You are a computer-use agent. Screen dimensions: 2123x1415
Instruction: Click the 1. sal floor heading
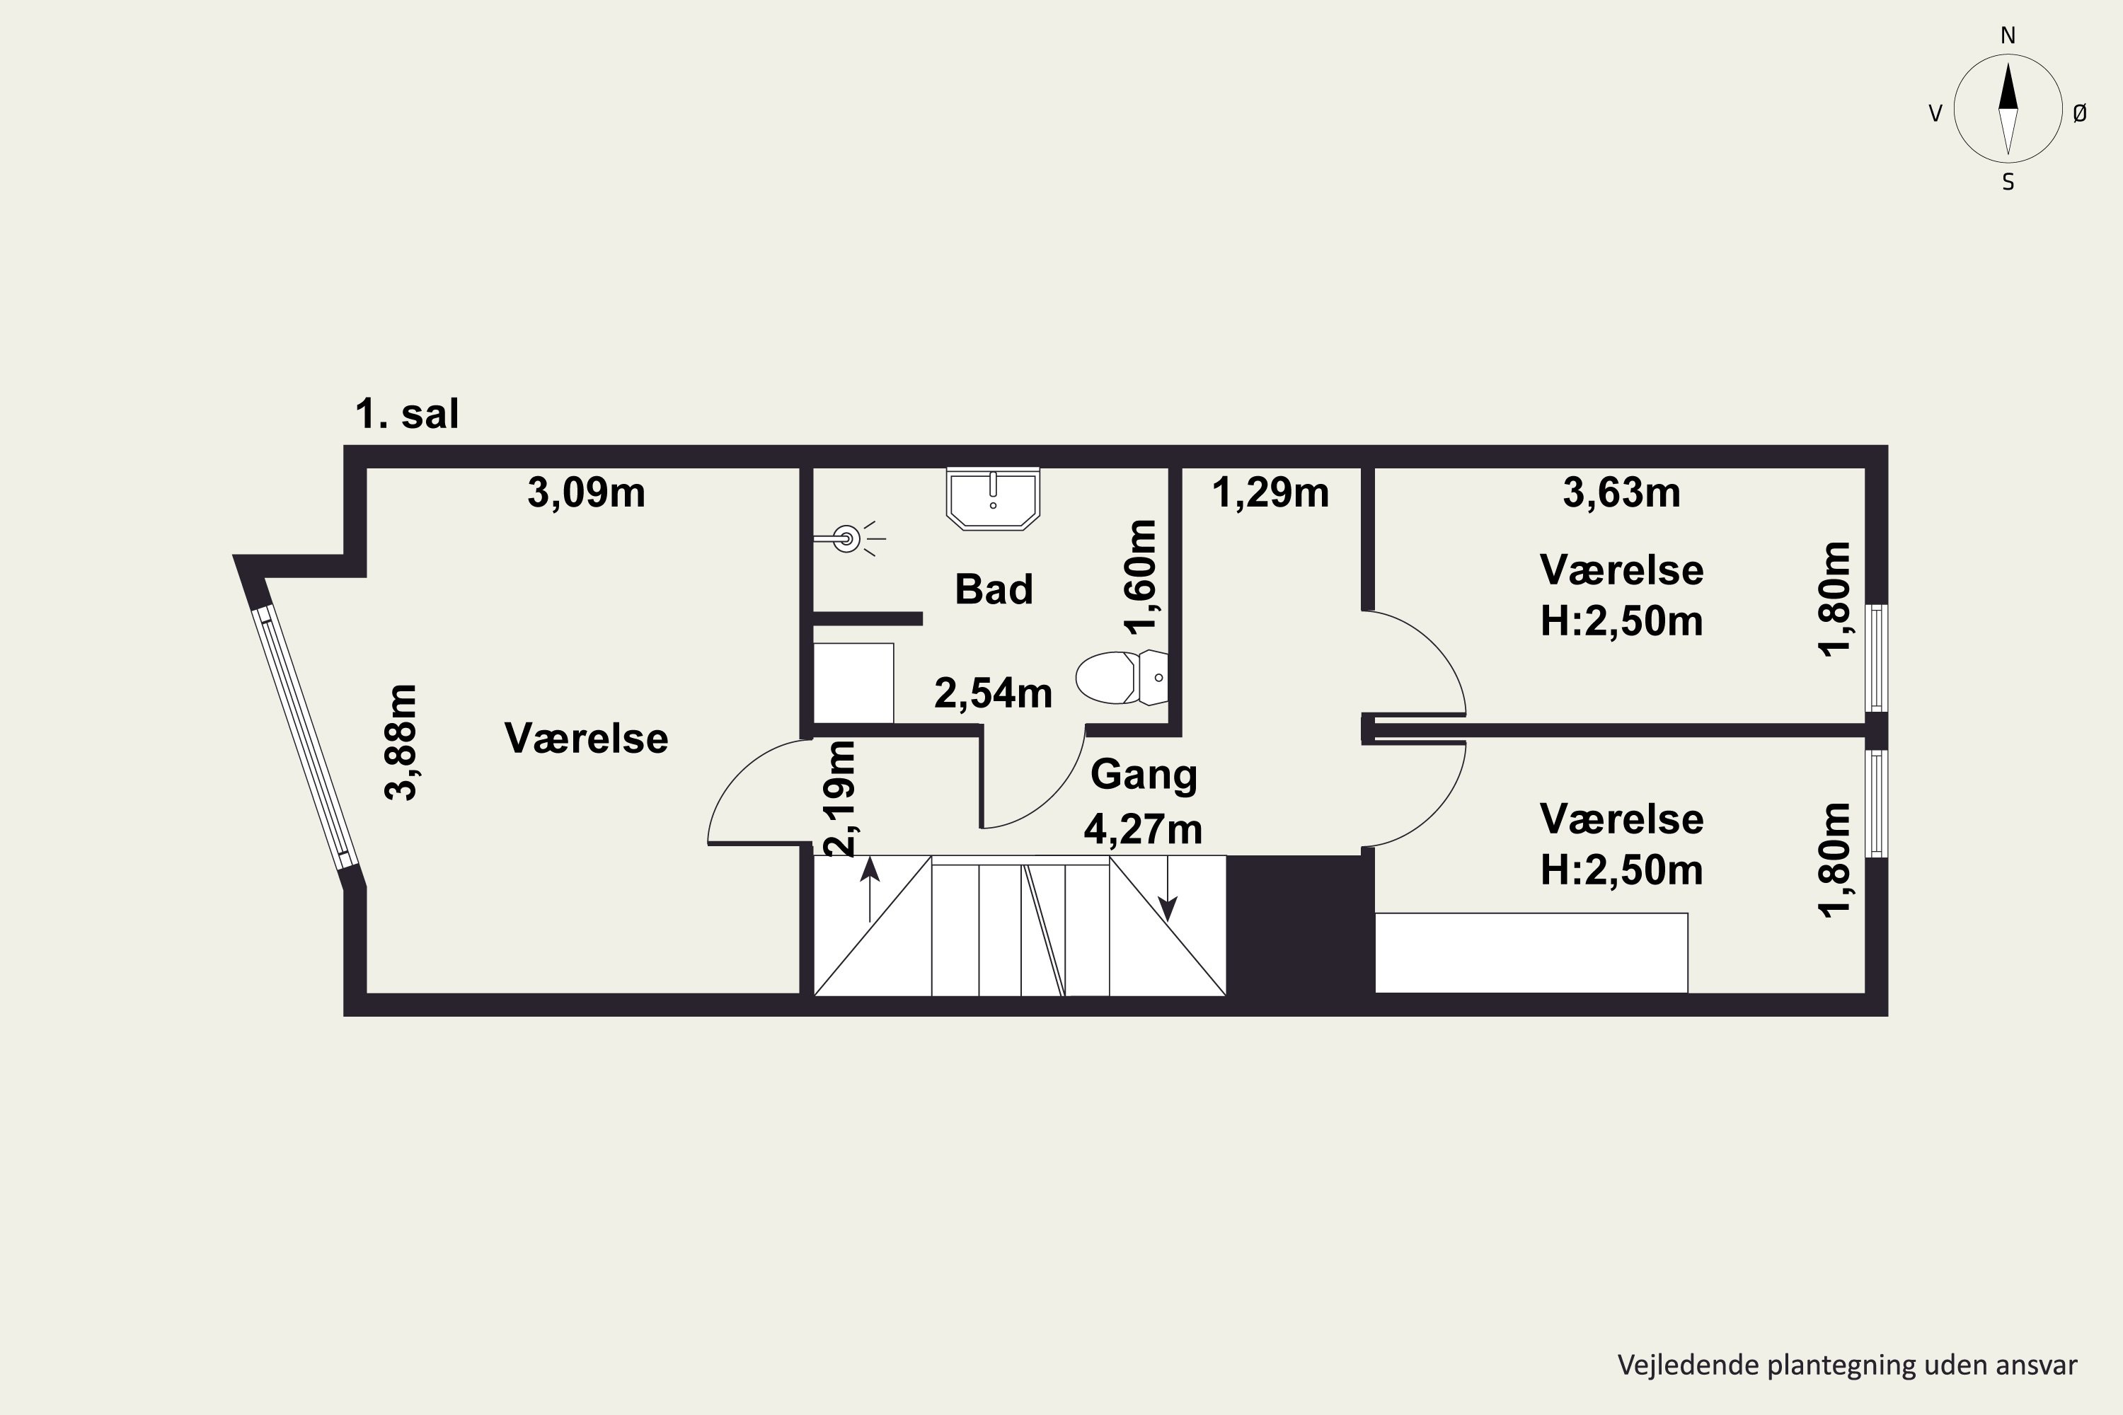407,414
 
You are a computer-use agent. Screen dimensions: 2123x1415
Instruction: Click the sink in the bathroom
993,498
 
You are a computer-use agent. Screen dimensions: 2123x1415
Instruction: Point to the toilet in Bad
1122,677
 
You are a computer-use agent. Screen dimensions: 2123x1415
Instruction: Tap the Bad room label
994,589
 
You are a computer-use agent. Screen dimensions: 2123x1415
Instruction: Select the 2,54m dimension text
993,694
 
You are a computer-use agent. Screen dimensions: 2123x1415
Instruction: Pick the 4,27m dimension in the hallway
1144,830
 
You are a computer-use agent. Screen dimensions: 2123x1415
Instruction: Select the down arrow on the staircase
1168,889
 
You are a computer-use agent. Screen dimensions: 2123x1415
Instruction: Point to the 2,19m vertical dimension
839,798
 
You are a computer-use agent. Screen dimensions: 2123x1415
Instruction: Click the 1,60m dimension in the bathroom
1140,577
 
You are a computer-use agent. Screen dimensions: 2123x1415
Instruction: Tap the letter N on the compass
2008,35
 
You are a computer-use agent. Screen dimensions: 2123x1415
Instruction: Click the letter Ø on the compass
2080,112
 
